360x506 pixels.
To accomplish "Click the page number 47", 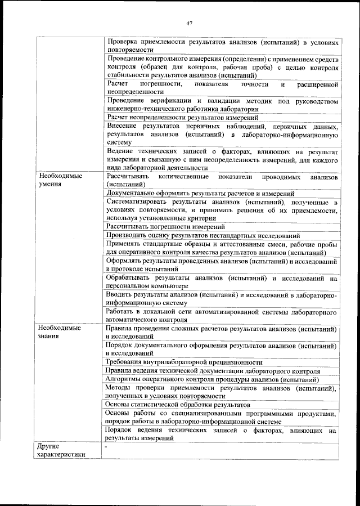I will click(190, 23).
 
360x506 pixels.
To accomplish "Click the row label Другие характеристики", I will click(61, 451).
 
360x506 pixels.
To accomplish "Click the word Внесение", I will click(122, 126).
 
